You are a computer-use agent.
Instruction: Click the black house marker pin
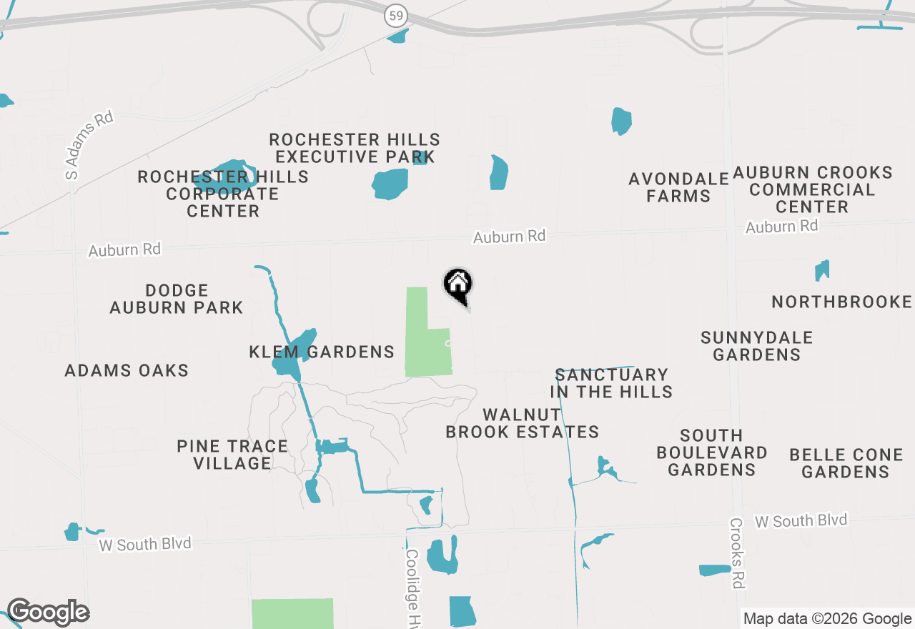coord(458,285)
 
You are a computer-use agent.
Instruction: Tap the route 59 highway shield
coord(395,15)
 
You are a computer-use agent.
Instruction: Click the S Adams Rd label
coord(89,145)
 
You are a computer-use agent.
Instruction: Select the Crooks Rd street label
coord(737,554)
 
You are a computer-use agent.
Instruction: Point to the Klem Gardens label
coord(322,352)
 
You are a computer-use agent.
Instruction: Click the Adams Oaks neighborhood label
coord(127,370)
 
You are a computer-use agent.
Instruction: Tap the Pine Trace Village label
coord(232,455)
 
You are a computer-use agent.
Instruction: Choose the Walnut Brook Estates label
coord(523,423)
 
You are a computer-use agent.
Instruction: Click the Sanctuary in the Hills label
coord(611,383)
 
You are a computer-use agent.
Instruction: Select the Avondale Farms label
coord(678,187)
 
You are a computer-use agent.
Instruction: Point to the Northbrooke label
coord(841,302)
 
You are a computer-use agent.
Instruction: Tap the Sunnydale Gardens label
coord(756,346)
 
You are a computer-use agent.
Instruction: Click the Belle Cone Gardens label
coord(846,463)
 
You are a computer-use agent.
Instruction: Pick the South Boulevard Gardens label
coord(711,452)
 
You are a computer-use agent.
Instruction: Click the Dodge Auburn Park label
coord(177,299)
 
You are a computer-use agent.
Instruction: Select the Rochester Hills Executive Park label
coord(355,148)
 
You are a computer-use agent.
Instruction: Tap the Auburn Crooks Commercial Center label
coord(812,189)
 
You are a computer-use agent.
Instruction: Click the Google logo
coord(48,612)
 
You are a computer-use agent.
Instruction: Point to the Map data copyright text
coord(827,619)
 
